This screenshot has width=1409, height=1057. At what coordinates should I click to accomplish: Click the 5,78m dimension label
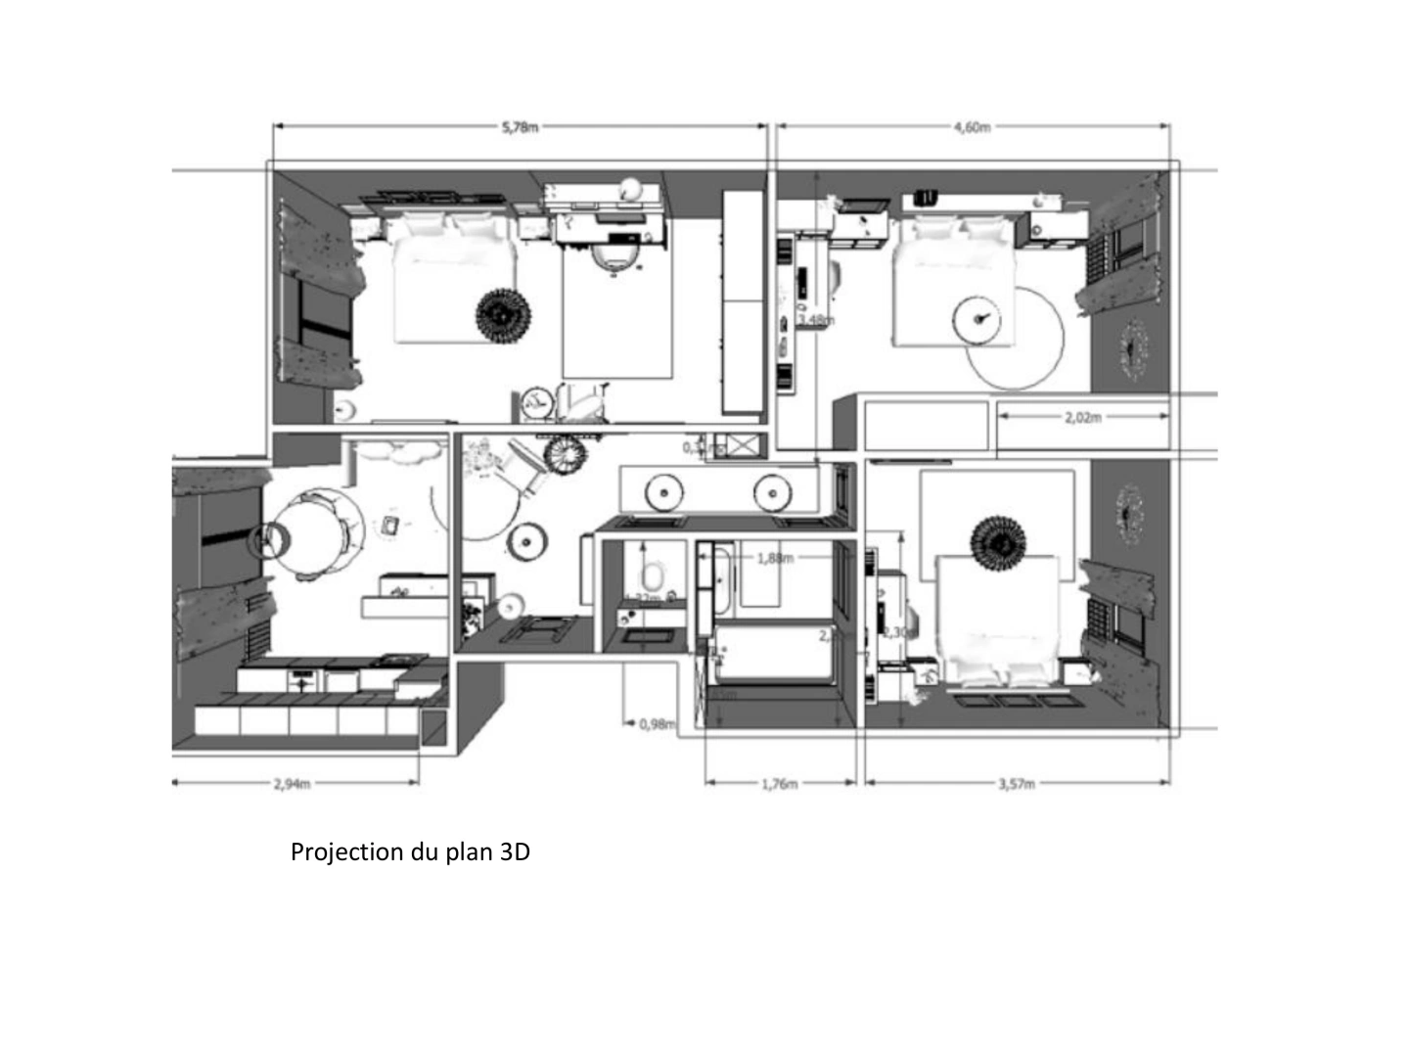520,126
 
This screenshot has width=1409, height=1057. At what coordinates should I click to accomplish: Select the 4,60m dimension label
972,126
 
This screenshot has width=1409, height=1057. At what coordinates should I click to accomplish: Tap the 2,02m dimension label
1082,417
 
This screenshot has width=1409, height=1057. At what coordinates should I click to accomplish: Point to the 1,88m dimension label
775,558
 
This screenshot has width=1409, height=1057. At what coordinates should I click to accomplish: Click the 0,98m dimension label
657,724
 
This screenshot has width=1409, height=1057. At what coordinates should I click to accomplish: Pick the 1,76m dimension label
779,783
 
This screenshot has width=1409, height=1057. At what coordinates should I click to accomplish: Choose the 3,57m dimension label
1017,783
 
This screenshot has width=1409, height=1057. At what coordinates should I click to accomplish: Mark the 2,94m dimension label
292,783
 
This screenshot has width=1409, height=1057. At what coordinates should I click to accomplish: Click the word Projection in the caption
347,851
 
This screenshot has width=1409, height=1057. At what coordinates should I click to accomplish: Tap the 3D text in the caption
515,851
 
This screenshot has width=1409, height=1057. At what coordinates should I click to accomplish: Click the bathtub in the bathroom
773,653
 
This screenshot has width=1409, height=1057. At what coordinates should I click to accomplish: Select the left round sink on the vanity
664,491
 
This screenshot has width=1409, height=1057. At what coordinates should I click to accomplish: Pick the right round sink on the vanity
772,491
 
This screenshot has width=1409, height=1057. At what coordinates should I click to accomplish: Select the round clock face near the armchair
534,400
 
